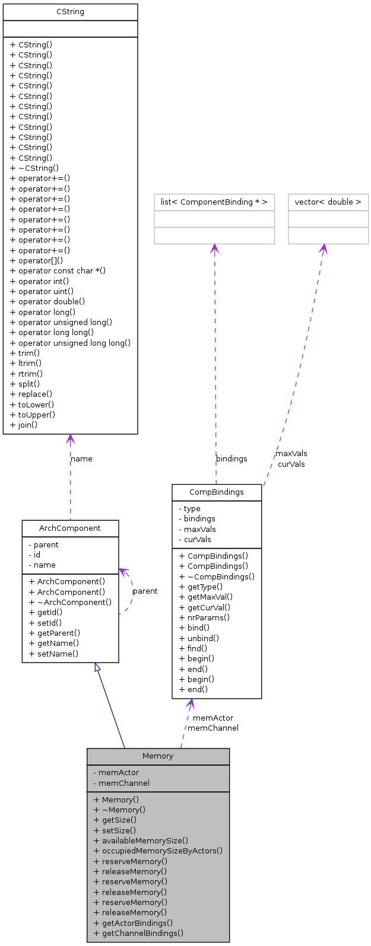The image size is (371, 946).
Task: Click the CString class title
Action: point(70,12)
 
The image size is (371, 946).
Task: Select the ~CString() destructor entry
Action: point(34,168)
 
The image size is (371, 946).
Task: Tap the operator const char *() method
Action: point(58,271)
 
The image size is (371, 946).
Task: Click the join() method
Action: point(24,425)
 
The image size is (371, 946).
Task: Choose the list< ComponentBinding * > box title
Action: point(214,202)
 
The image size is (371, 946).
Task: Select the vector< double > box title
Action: point(328,202)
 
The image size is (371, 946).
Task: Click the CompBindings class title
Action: point(216,492)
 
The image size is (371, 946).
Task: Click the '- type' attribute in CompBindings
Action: point(189,509)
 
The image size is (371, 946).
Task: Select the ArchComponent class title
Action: point(70,528)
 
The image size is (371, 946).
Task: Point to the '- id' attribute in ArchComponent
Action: point(34,555)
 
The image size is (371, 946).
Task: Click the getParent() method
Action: point(54,633)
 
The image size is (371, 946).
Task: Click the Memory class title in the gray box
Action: point(158,756)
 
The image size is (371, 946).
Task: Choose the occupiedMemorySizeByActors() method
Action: point(158,851)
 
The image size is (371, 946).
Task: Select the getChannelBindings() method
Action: point(138,933)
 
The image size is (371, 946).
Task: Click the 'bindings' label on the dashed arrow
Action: point(232,458)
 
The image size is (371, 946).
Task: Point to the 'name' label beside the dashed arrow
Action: point(81,458)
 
